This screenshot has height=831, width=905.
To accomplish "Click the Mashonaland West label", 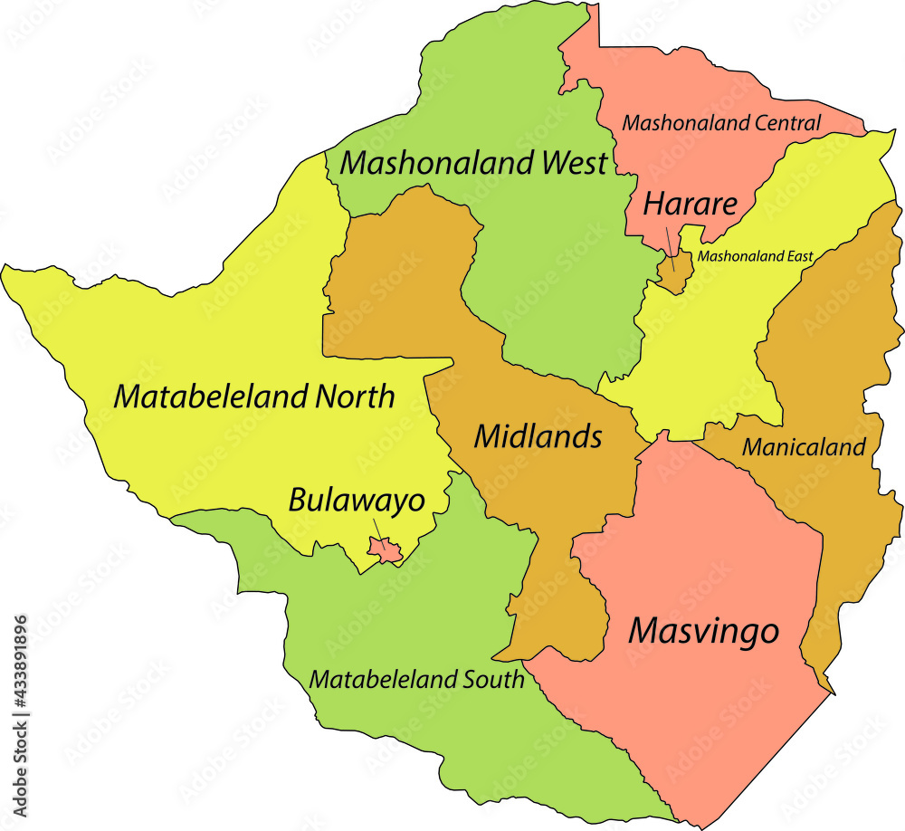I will coord(472,164).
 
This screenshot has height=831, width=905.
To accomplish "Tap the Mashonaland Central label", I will coord(722,122).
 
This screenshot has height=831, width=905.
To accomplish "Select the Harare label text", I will coord(690,205).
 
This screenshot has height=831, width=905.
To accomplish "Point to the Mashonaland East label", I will coord(755,256).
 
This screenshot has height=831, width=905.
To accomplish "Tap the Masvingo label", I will coord(703,630).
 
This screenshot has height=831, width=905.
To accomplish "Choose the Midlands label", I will coord(538,436).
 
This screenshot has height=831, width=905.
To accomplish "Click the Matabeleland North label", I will coord(254,396).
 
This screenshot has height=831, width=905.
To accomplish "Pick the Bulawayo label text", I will coord(357,499).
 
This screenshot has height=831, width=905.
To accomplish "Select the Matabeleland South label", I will coord(416,679).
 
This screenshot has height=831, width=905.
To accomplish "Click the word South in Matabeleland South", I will coord(495,679).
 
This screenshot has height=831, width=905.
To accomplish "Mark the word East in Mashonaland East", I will coord(797,256).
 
